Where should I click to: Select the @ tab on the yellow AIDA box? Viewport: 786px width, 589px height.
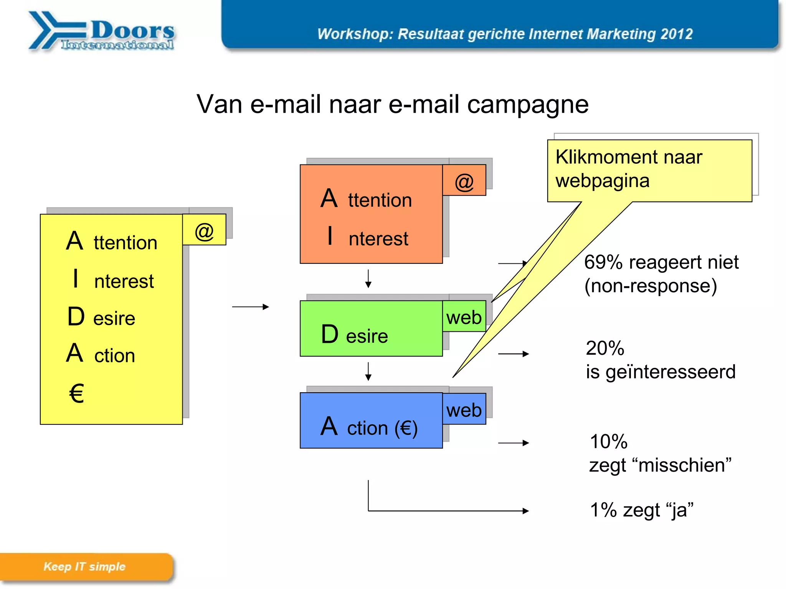point(204,230)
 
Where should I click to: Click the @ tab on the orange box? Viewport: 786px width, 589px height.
point(464,181)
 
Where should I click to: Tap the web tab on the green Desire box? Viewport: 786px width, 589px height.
point(464,317)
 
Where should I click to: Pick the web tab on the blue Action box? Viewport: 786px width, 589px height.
point(464,410)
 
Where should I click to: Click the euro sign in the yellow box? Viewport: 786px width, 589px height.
point(76,393)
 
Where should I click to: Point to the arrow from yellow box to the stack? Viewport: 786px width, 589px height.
point(250,307)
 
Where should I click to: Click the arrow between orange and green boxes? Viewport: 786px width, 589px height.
point(368,279)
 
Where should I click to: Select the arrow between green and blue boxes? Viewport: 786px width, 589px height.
point(368,371)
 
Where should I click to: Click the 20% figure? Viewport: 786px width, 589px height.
point(605,348)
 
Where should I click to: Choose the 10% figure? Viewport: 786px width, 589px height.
point(609,441)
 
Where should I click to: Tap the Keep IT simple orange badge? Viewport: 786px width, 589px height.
point(85,567)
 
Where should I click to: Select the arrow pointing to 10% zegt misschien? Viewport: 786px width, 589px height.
point(513,443)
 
